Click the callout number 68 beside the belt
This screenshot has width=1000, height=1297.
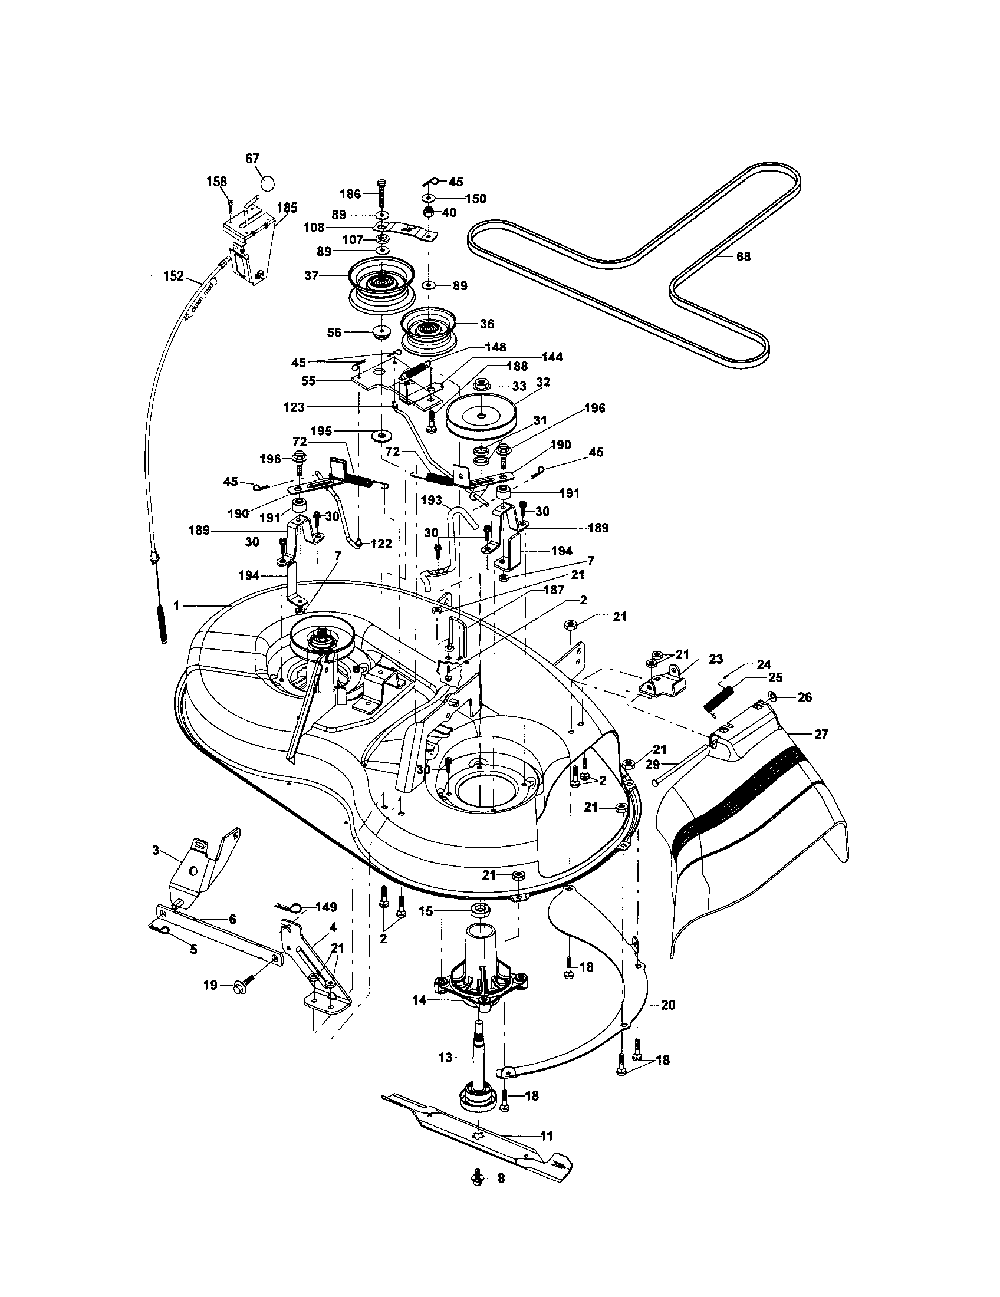[743, 256]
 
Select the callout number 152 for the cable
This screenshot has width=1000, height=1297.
[173, 276]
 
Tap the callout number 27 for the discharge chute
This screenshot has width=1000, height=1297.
[821, 734]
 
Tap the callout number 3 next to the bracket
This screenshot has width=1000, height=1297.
[156, 850]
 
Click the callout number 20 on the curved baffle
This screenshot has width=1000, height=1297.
[667, 1005]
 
